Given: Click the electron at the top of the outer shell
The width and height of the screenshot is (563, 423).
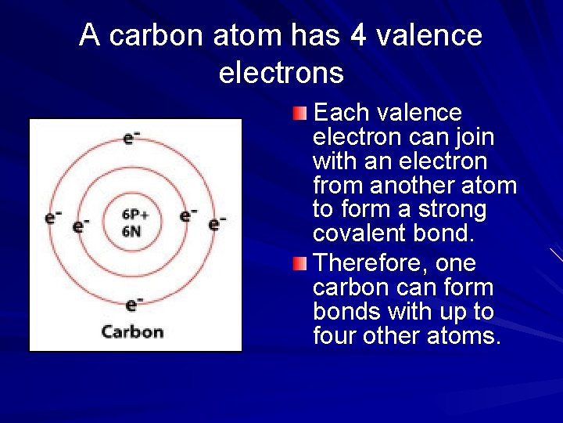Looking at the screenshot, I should click(131, 138).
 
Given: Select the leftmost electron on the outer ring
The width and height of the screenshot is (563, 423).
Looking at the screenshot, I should click(53, 217).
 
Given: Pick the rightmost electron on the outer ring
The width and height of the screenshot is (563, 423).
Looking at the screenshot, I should click(217, 223).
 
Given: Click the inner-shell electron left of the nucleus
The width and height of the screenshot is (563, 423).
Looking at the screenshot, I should click(81, 226).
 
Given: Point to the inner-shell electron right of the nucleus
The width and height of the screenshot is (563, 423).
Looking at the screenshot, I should click(188, 215).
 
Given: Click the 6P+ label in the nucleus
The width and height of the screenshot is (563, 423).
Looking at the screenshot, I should click(136, 214).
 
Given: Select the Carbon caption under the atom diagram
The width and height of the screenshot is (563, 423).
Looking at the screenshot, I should click(133, 331).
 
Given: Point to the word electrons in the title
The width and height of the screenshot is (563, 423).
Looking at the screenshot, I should click(281, 73).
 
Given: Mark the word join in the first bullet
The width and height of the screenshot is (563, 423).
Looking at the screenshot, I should click(474, 137).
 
